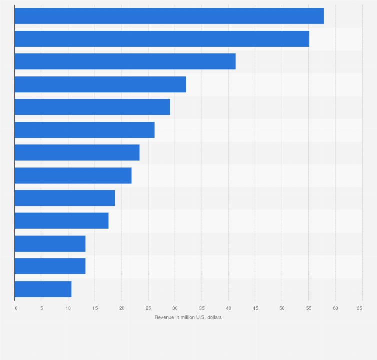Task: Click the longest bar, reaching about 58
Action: [169, 16]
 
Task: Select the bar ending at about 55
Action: [162, 39]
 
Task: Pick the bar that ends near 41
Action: [125, 61]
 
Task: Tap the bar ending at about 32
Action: [100, 84]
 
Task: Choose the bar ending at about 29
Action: [92, 107]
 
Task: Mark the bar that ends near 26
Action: [85, 130]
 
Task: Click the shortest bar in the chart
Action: [43, 289]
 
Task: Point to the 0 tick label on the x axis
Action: [16, 308]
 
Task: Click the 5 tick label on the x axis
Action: [42, 308]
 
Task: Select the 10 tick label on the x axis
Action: [68, 308]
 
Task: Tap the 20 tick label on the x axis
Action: [122, 308]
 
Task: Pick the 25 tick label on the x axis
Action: [148, 308]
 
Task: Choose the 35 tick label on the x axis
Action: [202, 308]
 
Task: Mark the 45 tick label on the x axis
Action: [255, 308]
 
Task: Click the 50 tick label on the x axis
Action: [282, 308]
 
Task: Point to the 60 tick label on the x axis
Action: [335, 308]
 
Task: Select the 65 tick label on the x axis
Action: [359, 308]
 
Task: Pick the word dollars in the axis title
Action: [214, 317]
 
